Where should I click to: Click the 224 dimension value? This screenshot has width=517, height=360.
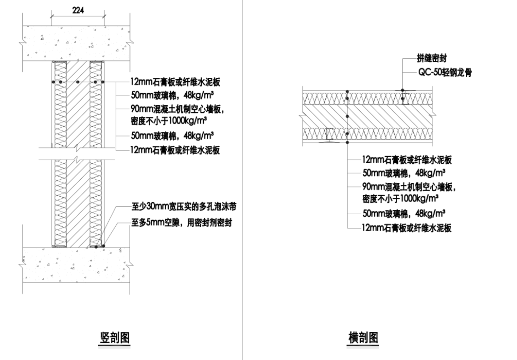pos(78,10)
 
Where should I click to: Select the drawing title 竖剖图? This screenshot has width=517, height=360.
pos(115,338)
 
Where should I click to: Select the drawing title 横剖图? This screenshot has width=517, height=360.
pos(363,338)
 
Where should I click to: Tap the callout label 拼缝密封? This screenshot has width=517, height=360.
pos(432,58)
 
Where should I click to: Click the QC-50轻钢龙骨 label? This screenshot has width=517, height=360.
pos(445,72)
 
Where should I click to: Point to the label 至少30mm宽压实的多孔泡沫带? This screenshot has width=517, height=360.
pos(184,207)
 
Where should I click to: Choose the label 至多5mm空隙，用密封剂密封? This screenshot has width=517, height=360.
pos(182,223)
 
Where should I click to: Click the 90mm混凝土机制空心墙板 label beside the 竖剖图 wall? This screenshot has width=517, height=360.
pos(178,109)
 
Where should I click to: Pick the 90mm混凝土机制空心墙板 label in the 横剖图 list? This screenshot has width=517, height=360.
pos(409,187)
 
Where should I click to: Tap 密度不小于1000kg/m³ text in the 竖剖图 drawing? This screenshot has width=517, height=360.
pos(169,121)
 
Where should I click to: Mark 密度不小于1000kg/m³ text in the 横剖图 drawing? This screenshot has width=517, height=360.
pos(400,198)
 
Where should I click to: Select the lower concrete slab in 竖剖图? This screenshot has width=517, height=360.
pos(76,264)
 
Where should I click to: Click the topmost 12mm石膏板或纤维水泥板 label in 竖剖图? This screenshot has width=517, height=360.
pos(175,82)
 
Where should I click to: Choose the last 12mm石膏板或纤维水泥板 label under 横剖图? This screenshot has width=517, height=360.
pos(407,228)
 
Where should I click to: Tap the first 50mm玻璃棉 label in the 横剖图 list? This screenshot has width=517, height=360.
pos(403,173)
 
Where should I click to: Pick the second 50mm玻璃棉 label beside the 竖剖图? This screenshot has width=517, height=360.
pos(172,135)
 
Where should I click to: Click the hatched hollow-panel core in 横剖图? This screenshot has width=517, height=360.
pos(368,116)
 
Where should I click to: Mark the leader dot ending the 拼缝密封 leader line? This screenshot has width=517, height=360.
pos(402,90)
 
